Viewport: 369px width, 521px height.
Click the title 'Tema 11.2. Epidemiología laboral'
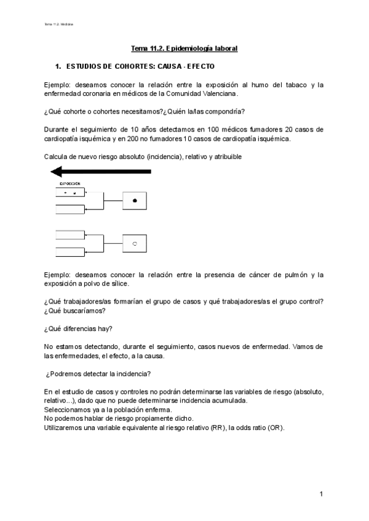pos(184,47)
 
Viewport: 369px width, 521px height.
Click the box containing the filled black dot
pos(135,201)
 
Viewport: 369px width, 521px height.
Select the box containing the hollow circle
pos(135,244)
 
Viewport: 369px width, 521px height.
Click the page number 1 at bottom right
pos(321,494)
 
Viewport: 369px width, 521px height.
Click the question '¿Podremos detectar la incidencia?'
pos(98,374)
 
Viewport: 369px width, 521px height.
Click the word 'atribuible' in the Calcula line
pos(226,157)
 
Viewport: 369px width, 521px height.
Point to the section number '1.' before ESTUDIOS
pos(58,65)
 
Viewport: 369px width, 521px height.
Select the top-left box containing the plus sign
pos(70,192)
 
